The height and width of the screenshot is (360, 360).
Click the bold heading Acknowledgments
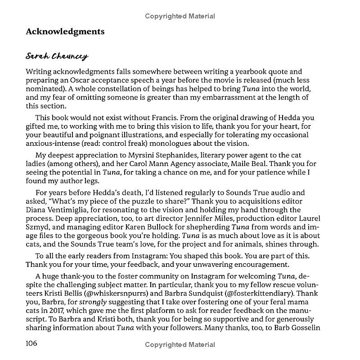tap(65, 31)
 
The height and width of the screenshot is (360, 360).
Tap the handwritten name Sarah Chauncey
tap(57, 57)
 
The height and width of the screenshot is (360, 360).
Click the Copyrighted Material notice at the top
tap(180, 17)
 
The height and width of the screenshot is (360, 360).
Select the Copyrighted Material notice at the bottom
tap(180, 345)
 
